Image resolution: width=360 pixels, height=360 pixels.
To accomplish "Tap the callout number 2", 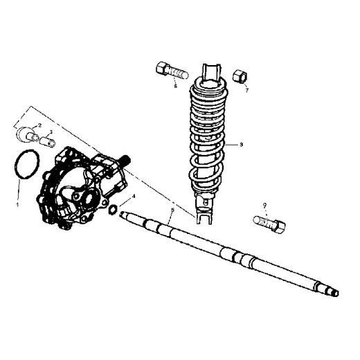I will coord(39,125).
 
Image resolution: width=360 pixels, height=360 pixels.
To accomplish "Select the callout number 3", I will coord(50,132).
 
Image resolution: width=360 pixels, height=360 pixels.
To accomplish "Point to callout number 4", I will coord(134,197).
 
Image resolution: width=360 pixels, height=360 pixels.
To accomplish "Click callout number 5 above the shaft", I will coord(171,209).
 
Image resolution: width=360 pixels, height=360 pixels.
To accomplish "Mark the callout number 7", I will coord(246,89).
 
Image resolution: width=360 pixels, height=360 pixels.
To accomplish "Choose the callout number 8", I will coord(241,145).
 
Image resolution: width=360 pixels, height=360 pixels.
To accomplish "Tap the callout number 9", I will coord(264,206).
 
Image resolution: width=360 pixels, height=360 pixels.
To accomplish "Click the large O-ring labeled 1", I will coord(26,167).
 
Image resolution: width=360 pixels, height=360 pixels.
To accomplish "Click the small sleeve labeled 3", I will coord(47,141).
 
